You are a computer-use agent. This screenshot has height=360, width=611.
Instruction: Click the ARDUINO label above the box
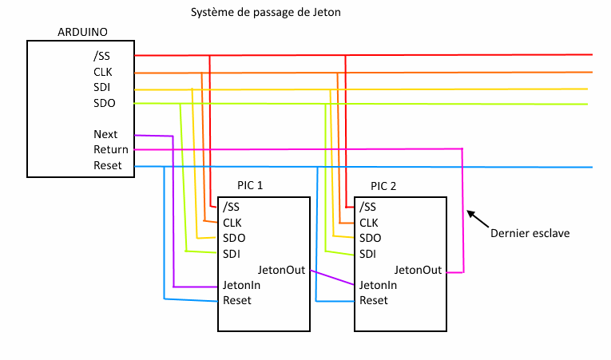click(x=82, y=32)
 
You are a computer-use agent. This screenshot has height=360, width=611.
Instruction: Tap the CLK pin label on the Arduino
click(x=102, y=72)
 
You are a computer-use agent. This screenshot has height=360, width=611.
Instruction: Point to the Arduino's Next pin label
click(x=105, y=134)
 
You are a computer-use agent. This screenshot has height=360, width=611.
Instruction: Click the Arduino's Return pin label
click(x=110, y=149)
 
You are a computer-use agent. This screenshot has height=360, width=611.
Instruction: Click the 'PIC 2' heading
click(x=383, y=185)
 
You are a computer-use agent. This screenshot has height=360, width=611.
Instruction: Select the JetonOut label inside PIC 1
click(x=282, y=270)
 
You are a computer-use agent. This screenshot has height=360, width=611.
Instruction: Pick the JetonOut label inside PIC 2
click(x=418, y=270)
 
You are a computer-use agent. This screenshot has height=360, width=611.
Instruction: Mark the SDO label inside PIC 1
click(x=234, y=239)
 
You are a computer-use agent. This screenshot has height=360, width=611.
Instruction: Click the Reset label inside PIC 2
click(x=373, y=301)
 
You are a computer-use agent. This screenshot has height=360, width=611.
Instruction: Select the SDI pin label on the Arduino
click(x=101, y=87)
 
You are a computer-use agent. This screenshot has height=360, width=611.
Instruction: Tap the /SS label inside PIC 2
click(x=367, y=208)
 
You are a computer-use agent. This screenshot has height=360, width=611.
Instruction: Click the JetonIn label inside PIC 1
click(x=242, y=285)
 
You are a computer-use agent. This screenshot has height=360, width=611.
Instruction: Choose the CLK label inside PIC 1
click(x=232, y=223)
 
